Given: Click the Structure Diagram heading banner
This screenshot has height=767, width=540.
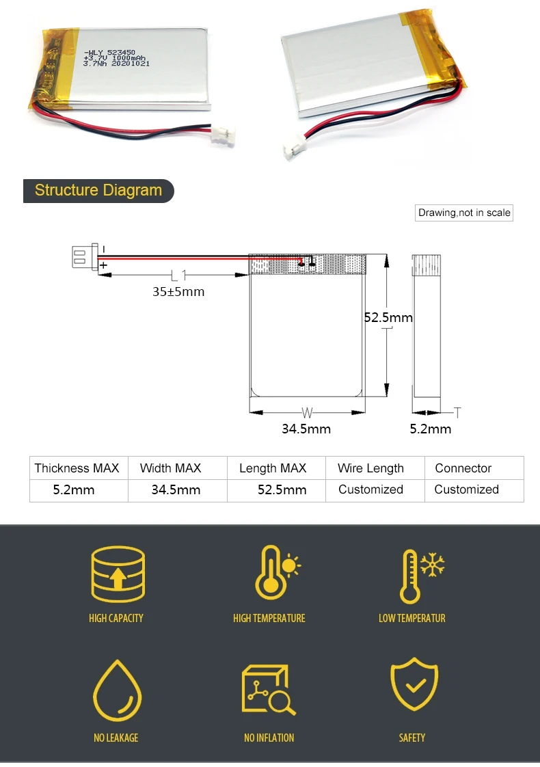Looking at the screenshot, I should (98, 191).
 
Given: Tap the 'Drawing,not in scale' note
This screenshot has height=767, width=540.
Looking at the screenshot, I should (464, 213).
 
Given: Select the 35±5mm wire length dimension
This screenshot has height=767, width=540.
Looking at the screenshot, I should (178, 292).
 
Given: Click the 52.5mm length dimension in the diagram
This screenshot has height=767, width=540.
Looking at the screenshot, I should (388, 317).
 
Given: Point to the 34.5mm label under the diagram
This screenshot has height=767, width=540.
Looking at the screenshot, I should (306, 429).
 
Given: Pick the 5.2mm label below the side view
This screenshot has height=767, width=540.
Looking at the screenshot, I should (431, 429).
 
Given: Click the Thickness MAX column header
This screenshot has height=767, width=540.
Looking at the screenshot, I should (77, 468).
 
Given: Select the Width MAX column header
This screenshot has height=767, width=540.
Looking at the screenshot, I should (170, 468).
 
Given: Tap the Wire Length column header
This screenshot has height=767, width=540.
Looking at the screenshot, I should (370, 468).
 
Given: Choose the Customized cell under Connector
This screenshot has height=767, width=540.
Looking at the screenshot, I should (466, 489).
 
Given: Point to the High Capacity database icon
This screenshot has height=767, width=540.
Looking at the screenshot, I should (118, 574).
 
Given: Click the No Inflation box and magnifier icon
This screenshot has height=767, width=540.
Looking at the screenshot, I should (267, 690).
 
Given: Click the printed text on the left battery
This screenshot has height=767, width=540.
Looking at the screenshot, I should (116, 59).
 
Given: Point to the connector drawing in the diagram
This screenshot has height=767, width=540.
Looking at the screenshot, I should (82, 258).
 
